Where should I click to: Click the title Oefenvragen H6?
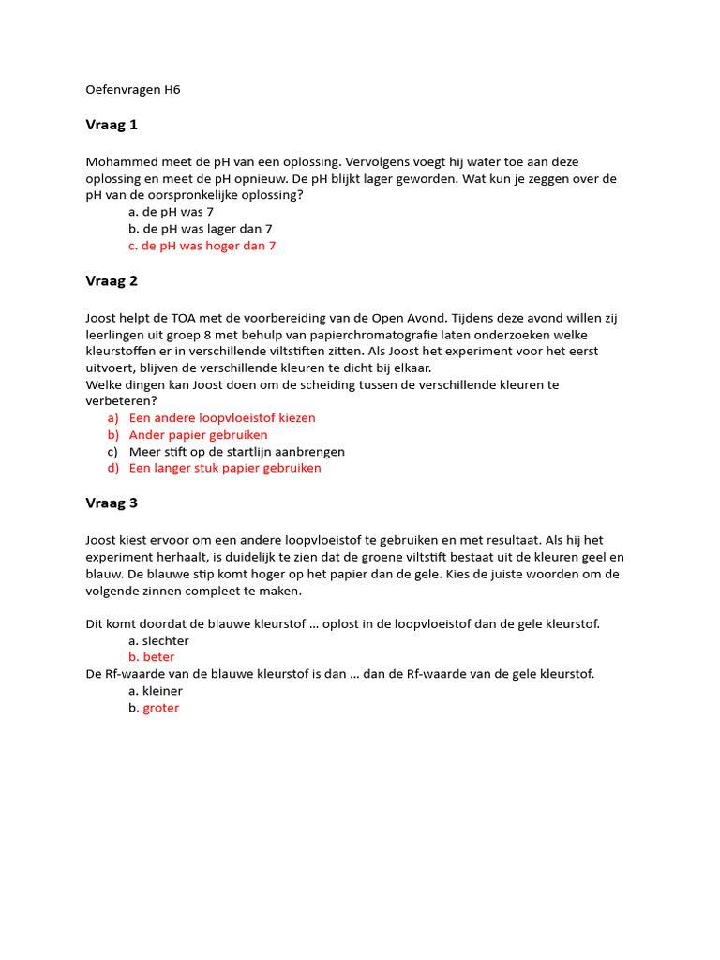[x=132, y=90]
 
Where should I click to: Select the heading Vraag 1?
[x=112, y=125]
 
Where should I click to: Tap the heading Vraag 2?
[x=112, y=280]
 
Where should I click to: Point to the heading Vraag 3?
[x=112, y=502]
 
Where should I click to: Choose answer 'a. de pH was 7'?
[x=171, y=212]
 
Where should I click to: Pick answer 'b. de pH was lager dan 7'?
[x=200, y=229]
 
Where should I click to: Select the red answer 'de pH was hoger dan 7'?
[x=208, y=246]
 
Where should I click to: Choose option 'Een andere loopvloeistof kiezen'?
[x=222, y=418]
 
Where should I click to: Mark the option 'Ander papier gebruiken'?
[x=198, y=435]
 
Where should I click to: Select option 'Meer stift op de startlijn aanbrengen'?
[x=236, y=452]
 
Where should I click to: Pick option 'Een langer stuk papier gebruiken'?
[x=225, y=468]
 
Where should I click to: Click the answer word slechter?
[x=165, y=641]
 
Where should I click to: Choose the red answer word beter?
[x=158, y=657]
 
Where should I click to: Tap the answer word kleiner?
[x=162, y=691]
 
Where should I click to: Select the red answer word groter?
[x=160, y=708]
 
